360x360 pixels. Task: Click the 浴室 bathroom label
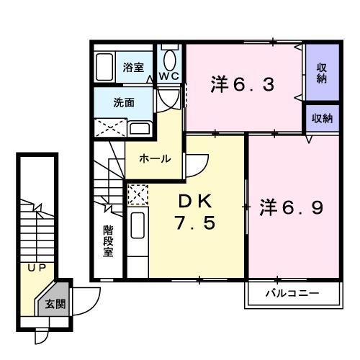coord(132,67)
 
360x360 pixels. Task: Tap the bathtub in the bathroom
coord(107,68)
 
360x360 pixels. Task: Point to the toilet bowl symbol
coord(170,58)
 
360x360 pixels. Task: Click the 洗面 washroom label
coord(123,102)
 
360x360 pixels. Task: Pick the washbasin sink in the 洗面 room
coord(140,129)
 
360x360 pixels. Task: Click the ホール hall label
coord(155,159)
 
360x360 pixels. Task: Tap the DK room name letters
coord(195,199)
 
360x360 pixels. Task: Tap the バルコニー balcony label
coord(292,294)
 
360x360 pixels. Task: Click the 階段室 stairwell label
coord(108,241)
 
